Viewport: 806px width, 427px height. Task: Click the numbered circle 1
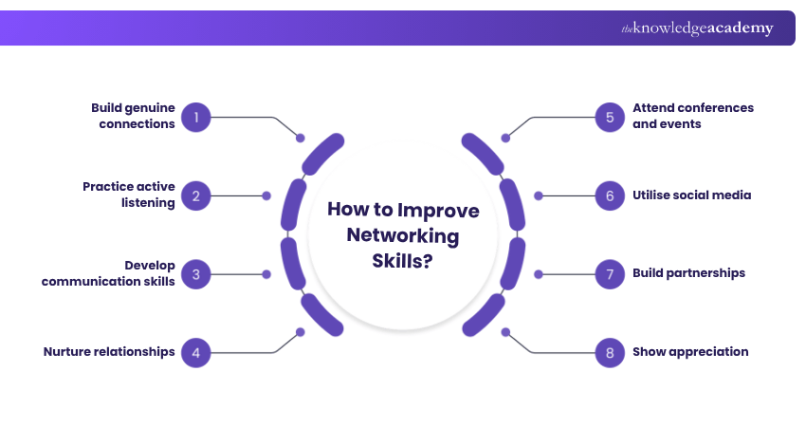point(195,118)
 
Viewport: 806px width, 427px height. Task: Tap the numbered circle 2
point(195,195)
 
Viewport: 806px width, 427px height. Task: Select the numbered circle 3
point(195,274)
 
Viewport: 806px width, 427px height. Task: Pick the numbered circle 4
point(195,352)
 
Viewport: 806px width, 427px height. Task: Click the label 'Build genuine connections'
point(133,117)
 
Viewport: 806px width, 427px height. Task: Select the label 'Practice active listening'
point(129,195)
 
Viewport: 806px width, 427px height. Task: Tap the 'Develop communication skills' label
point(108,273)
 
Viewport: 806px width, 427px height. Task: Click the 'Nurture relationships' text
point(109,352)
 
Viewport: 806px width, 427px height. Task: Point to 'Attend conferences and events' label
point(693,116)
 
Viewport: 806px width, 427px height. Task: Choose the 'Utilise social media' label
point(691,195)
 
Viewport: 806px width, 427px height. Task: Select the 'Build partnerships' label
point(688,273)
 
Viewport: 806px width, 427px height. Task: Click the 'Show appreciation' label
point(690,352)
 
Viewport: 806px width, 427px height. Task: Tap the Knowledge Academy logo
point(697,28)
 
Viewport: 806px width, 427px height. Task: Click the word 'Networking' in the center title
point(403,235)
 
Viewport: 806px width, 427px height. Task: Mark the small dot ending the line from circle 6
point(539,195)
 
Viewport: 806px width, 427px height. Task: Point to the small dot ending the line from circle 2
point(266,195)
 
